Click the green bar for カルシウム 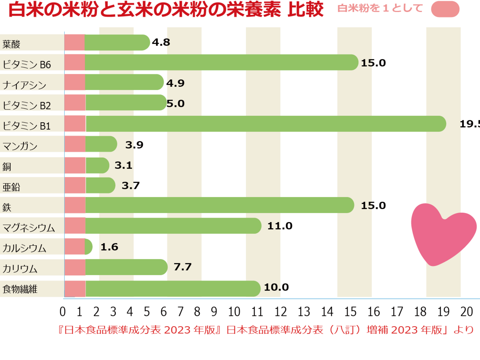[89, 247]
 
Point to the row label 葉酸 [11, 44]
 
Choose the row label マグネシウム [29, 228]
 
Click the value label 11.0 [280, 226]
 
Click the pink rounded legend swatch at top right [445, 9]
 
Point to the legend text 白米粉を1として [380, 8]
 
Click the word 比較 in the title [305, 9]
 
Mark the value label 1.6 [109, 247]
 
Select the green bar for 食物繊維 [173, 289]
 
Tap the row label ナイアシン [24, 85]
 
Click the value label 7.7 [183, 267]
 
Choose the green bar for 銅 [97, 165]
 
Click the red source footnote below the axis [266, 330]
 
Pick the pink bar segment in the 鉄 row [75, 205]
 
